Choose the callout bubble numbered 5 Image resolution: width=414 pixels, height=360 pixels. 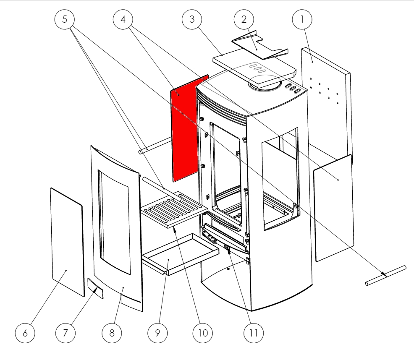65,19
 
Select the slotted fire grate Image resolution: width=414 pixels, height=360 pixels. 175,210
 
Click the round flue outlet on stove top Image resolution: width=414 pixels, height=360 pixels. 265,84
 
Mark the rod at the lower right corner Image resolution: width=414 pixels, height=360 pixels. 386,275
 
